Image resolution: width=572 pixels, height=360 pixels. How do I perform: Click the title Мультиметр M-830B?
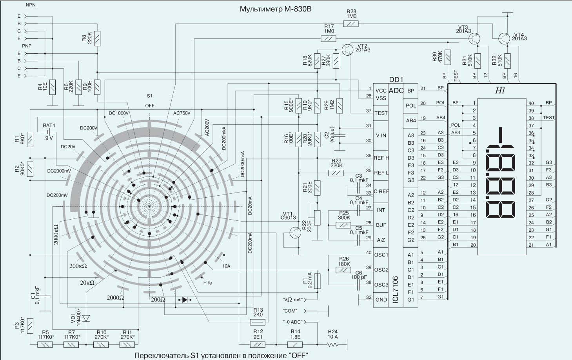coord(276,9)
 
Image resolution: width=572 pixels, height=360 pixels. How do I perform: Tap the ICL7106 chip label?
coord(395,289)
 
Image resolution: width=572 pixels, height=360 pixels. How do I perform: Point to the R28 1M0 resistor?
coord(351,24)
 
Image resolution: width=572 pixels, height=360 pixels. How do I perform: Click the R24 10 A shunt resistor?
coord(332,345)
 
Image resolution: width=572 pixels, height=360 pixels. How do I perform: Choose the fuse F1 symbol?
coord(318,280)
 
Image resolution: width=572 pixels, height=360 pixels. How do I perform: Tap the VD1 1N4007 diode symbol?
coord(86,318)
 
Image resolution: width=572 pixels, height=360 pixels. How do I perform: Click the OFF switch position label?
coord(150,105)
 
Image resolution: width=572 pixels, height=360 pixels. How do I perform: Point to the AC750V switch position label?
coord(182,113)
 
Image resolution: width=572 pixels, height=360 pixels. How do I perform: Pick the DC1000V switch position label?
coord(118,113)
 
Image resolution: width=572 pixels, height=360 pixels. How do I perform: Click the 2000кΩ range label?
coord(56,234)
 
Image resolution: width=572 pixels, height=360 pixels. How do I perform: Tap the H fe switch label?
coord(207,283)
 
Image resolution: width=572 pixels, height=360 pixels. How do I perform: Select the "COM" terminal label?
coord(290,311)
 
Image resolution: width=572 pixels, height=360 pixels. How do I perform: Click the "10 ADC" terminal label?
coord(292,322)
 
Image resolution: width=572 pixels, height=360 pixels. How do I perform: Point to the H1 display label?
coord(500,91)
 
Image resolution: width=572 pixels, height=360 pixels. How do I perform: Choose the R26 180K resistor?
coord(343,270)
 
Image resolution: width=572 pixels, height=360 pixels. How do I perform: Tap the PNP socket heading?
coord(27,46)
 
